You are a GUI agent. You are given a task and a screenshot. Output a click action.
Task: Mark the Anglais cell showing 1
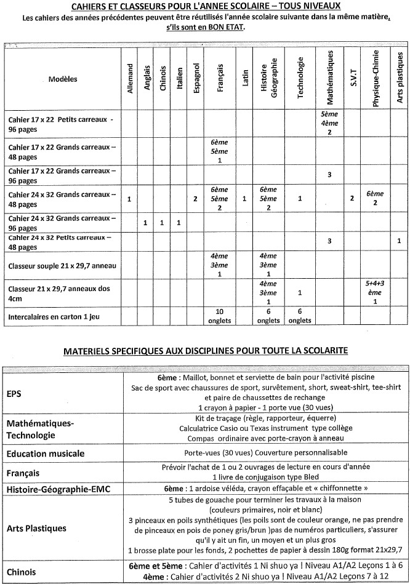point(146,222)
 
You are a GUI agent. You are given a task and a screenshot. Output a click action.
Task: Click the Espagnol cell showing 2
point(195,199)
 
